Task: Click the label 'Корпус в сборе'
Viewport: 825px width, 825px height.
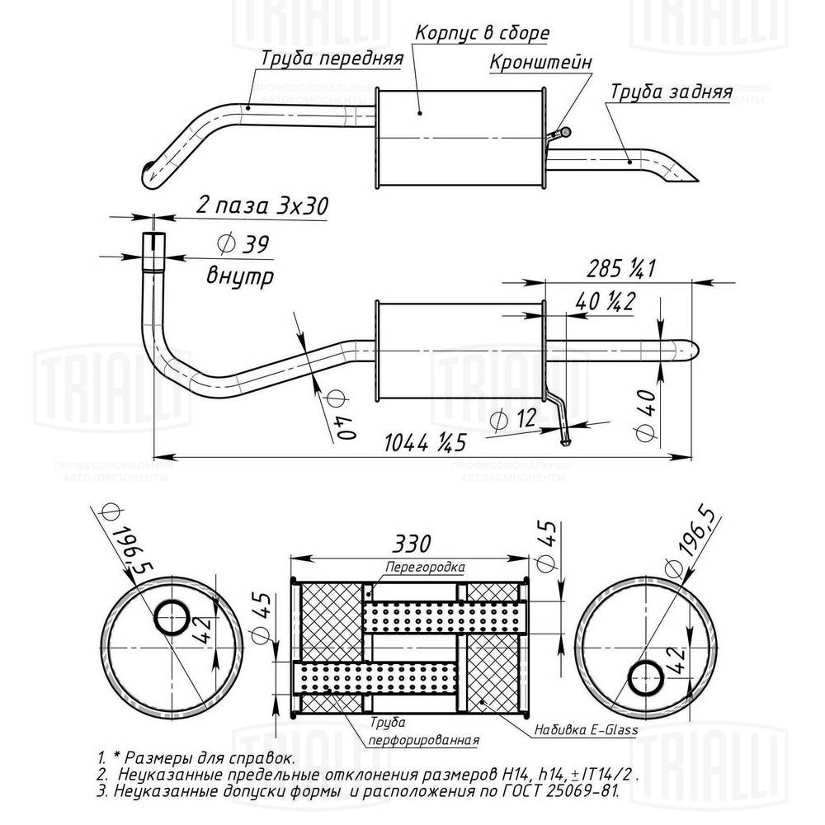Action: (x=482, y=33)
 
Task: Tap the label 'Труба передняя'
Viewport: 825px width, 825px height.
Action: (x=332, y=59)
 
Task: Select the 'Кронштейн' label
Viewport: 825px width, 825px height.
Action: (x=540, y=62)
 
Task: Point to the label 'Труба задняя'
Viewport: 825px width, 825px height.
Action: (x=671, y=92)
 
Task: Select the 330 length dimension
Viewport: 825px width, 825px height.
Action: (x=409, y=544)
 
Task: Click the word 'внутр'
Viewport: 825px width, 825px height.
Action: (x=239, y=275)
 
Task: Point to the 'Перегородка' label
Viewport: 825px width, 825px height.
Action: (x=425, y=568)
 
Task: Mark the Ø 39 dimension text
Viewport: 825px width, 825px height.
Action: (x=243, y=243)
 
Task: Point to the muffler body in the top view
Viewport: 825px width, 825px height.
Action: (x=458, y=136)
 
